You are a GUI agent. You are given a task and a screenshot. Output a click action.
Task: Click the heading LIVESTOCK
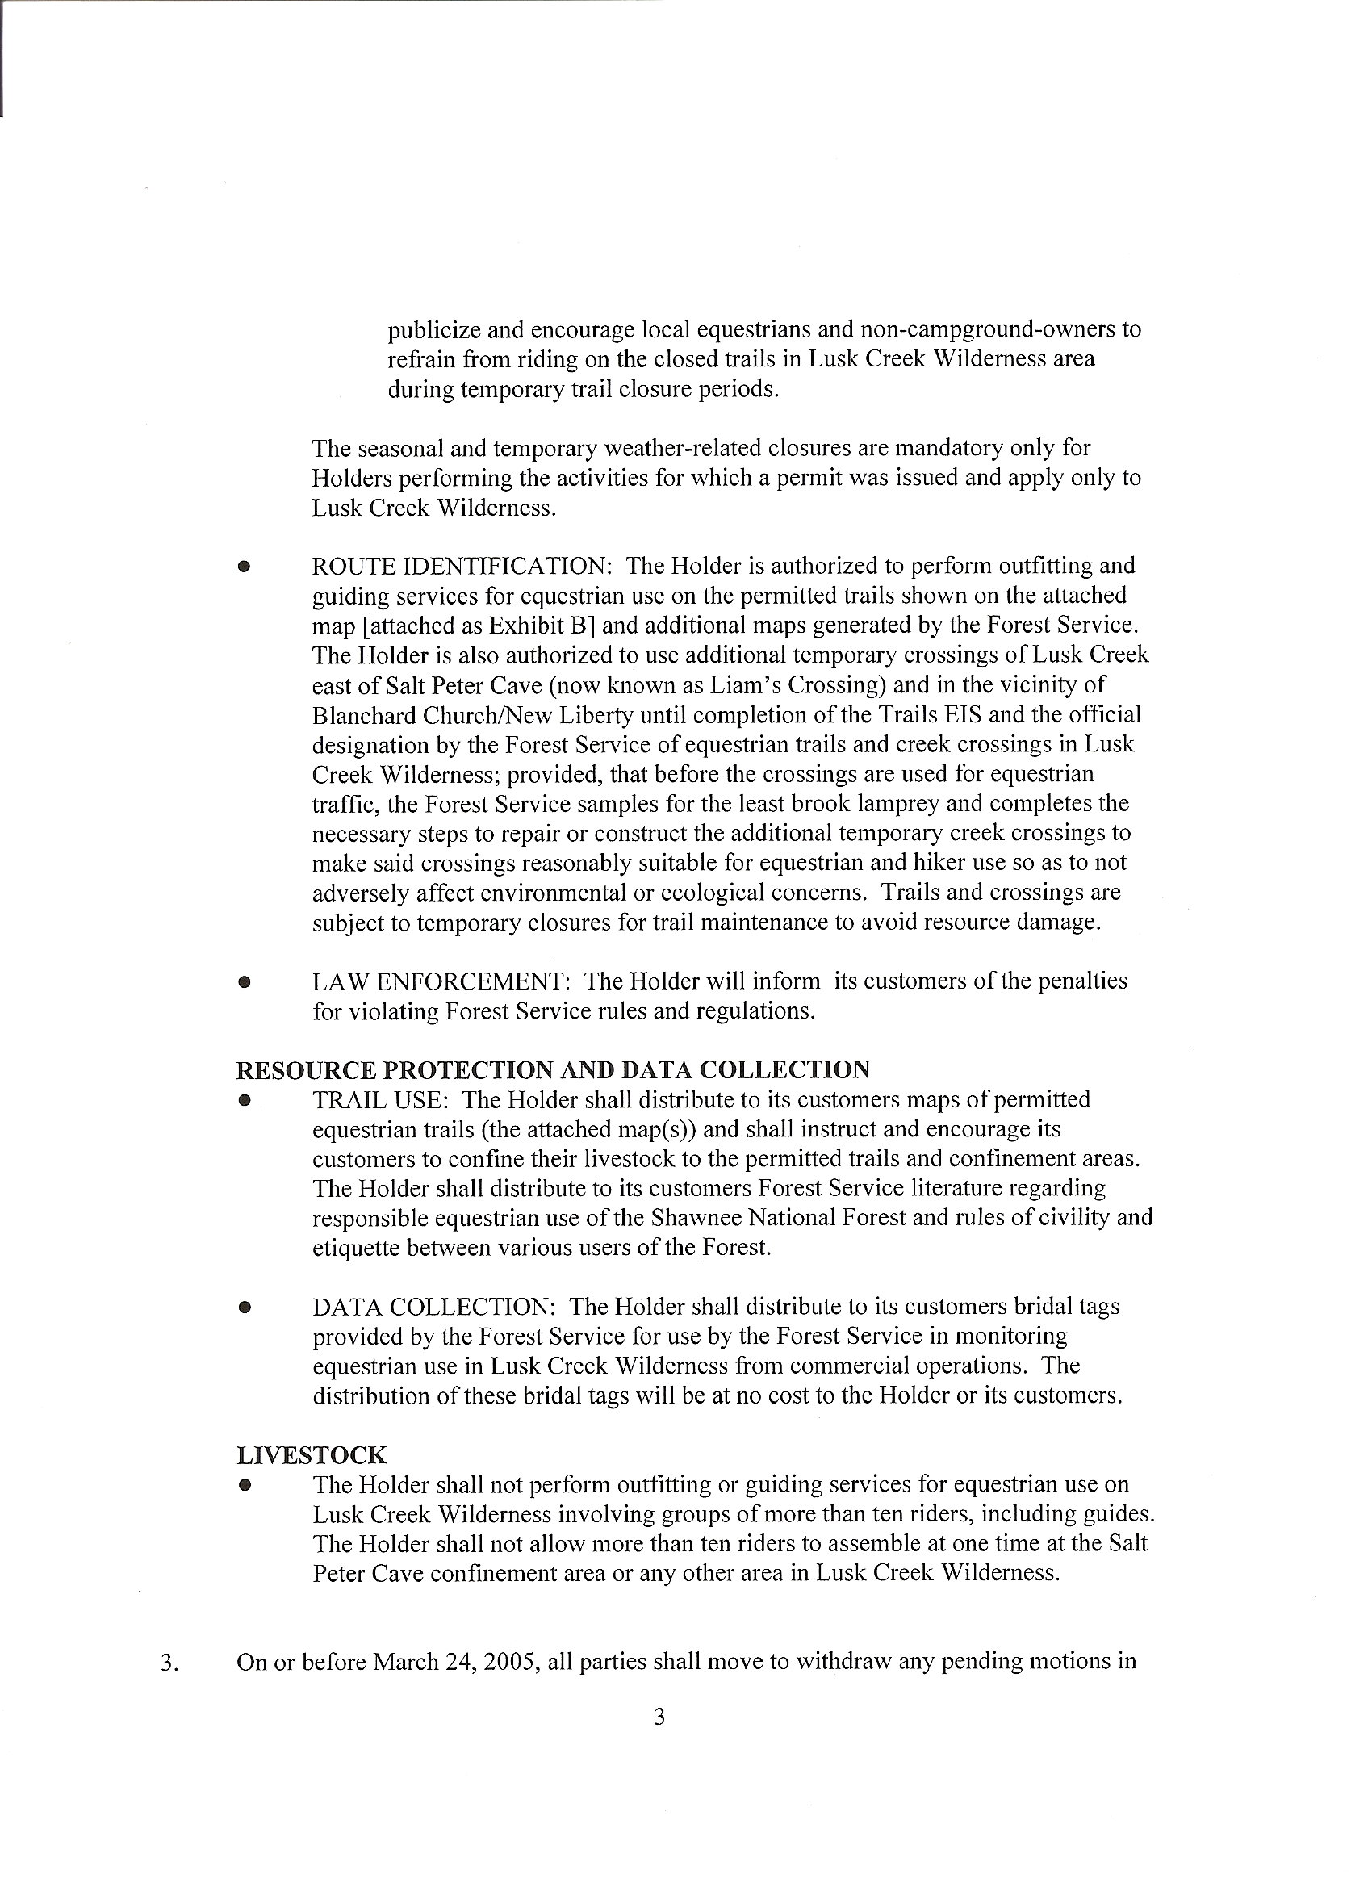pyautogui.click(x=312, y=1455)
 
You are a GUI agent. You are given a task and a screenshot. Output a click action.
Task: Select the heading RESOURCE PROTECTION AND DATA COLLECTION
pyautogui.click(x=554, y=1069)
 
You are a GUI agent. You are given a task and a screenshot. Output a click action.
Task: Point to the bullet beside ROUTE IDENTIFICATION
pyautogui.click(x=244, y=567)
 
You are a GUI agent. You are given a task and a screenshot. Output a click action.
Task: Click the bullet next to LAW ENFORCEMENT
pyautogui.click(x=244, y=981)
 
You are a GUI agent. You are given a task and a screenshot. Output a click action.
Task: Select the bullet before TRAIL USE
pyautogui.click(x=244, y=1100)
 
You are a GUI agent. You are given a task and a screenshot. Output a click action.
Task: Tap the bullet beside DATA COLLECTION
pyautogui.click(x=244, y=1307)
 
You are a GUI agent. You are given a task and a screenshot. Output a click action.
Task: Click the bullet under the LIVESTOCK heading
pyautogui.click(x=244, y=1485)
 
